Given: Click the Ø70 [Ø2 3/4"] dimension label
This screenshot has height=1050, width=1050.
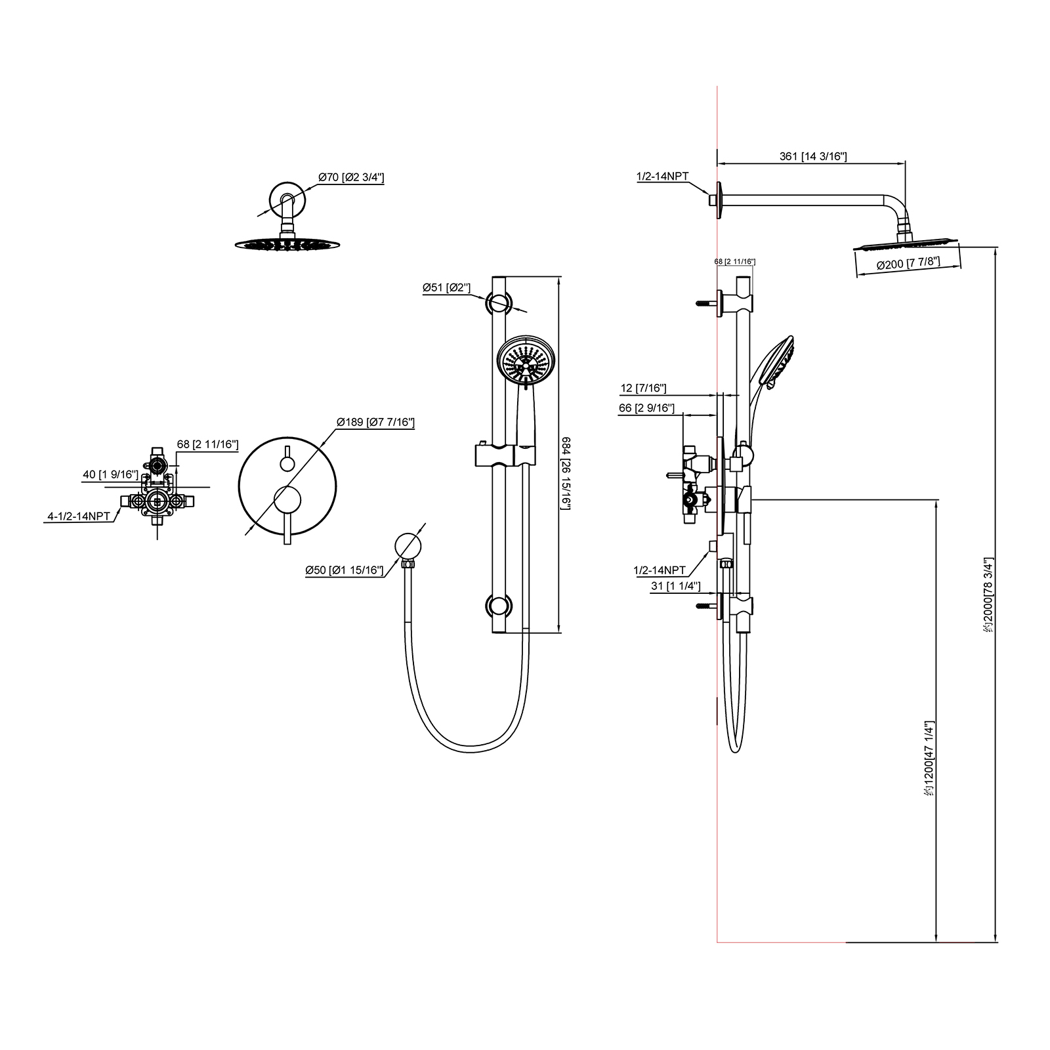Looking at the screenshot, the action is point(351,177).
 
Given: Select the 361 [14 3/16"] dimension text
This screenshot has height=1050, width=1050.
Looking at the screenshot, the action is point(813,156).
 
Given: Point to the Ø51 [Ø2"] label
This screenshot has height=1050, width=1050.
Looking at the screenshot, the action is point(446,287).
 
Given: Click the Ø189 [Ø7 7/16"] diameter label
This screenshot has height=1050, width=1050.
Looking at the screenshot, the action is point(375,422).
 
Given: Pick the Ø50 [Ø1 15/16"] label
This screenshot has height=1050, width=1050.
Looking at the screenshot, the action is point(344,570).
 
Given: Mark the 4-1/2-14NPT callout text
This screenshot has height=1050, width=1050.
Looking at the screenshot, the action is point(79,516).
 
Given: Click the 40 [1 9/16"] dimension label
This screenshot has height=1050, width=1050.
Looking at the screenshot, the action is point(110,474).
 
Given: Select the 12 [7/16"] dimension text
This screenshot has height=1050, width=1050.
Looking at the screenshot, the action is point(643,388).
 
